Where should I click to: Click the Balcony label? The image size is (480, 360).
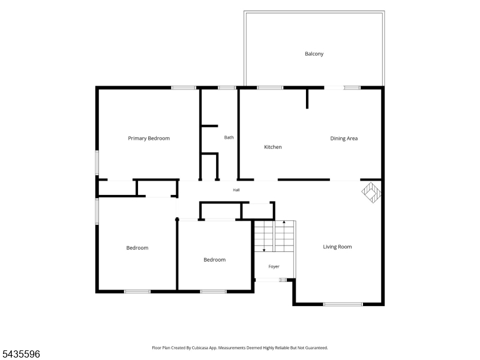[x=314, y=54]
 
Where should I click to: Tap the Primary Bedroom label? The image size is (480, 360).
[x=149, y=139]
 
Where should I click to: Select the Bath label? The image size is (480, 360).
[x=229, y=137]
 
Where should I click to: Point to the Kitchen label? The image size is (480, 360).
[x=273, y=147]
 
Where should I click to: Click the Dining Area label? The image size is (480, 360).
[x=344, y=139]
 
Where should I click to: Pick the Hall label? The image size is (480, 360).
[x=236, y=190]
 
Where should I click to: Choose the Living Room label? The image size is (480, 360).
[x=337, y=247]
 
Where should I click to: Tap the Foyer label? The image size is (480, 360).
[x=274, y=266]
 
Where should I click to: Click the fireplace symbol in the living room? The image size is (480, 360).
[x=371, y=193]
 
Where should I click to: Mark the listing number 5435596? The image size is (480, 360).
[x=20, y=354]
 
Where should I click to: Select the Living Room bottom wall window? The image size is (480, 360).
[x=343, y=304]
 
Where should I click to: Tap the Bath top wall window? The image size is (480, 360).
[x=227, y=88]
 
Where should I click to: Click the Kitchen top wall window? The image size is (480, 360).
[x=270, y=88]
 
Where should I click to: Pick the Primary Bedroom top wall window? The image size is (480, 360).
[x=184, y=88]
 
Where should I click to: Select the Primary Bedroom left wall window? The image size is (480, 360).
[x=97, y=163]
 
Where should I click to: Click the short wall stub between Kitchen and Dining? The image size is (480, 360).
[x=307, y=98]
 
